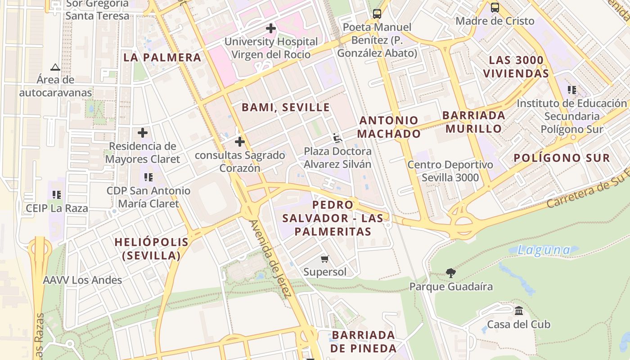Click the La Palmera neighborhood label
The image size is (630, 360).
[x=162, y=58]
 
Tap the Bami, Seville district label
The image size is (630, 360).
[x=286, y=108]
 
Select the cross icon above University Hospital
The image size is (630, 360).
[x=270, y=28]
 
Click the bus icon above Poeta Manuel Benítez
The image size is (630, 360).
[x=377, y=13]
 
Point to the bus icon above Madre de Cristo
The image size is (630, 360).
[x=495, y=7]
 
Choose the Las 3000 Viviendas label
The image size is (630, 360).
[x=516, y=67]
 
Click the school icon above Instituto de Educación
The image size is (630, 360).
[x=572, y=90]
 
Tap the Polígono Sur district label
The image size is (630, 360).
[x=562, y=158]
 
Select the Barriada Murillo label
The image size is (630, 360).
[x=474, y=122]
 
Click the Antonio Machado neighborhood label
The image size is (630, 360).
[x=389, y=127]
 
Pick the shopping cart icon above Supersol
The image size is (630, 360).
[x=325, y=259]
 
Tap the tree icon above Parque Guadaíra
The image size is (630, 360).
[x=450, y=273]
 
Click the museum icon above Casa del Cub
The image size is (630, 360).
[x=519, y=310]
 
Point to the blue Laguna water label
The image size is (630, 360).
[x=543, y=250]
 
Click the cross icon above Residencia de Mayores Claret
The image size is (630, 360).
[x=143, y=133]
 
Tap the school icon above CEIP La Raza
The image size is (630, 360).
[x=57, y=195]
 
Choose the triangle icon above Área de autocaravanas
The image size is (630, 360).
[x=55, y=67]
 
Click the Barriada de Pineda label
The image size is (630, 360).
[x=363, y=342]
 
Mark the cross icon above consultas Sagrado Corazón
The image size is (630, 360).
[x=240, y=142]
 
